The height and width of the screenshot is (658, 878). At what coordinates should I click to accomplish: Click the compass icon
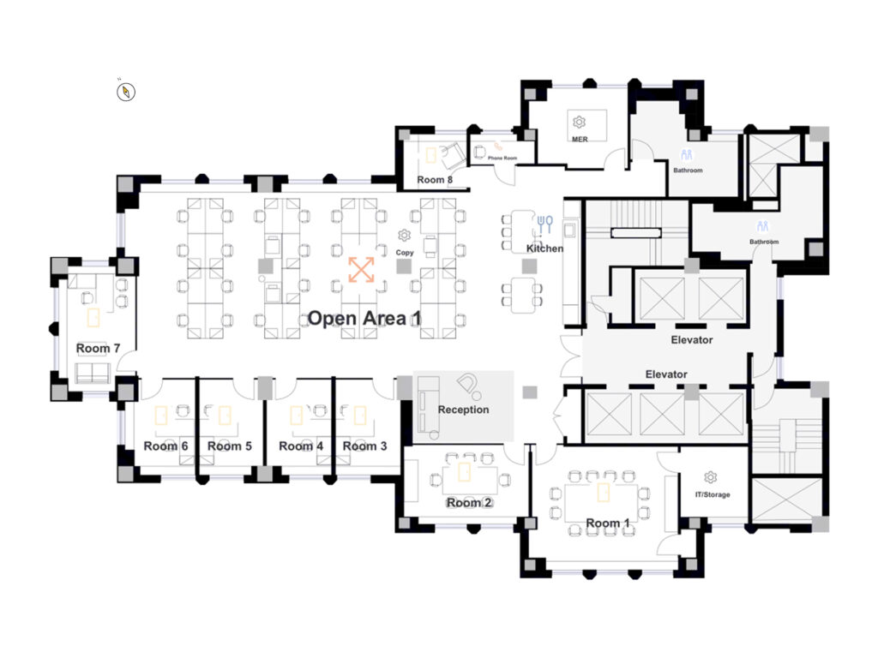point(126,92)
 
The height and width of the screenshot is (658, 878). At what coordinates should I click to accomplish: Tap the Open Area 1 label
point(364,319)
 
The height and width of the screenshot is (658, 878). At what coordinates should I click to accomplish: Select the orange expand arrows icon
point(361,270)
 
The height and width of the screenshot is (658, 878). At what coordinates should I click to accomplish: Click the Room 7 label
point(98,349)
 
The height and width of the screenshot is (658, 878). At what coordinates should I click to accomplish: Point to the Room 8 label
point(435,180)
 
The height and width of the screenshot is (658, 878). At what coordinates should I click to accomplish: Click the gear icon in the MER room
point(579,122)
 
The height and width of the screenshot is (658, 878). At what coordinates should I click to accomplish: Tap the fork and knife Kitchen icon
point(544,224)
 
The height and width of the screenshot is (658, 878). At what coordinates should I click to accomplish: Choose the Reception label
point(463,410)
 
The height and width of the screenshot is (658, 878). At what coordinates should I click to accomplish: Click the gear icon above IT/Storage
point(710,477)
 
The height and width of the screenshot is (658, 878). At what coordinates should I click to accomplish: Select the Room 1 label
point(608,523)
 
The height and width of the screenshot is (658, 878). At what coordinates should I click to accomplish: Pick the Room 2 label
point(469,503)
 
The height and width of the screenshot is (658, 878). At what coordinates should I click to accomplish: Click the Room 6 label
point(165,446)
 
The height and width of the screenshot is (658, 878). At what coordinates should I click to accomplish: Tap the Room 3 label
point(364,446)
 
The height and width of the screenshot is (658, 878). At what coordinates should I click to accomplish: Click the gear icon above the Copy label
point(405,236)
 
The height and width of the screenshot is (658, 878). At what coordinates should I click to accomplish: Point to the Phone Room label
point(502,159)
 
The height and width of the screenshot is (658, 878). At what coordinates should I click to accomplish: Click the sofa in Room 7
point(93,373)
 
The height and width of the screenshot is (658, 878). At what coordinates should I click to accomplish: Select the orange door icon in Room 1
point(603,493)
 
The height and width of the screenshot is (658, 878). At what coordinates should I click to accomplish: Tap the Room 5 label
point(230,446)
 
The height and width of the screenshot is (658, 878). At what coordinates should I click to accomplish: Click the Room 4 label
point(301,446)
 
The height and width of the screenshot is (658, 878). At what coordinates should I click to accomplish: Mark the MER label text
point(580,140)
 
